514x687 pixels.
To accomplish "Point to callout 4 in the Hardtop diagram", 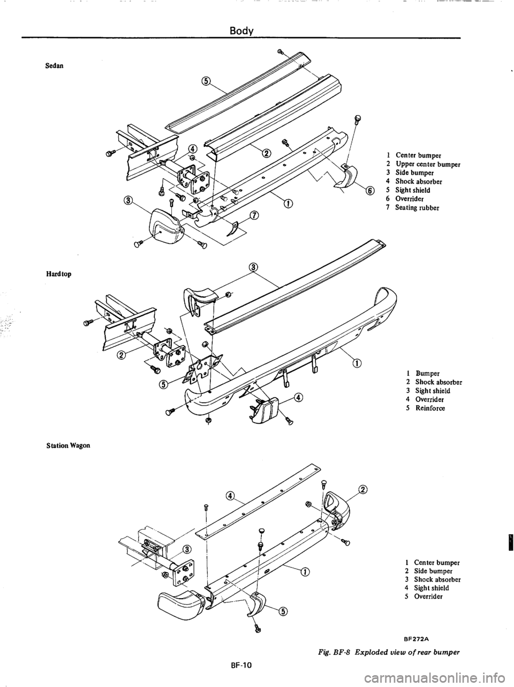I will (298, 397).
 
